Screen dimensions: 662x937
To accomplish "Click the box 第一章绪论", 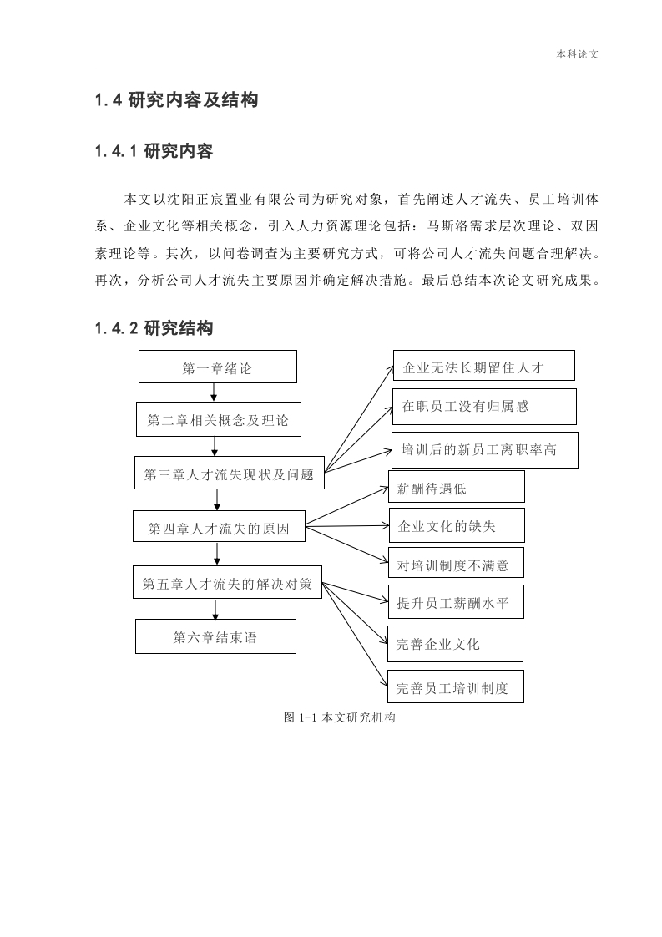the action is click(x=218, y=367).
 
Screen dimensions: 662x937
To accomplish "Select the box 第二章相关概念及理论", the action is click(x=218, y=419).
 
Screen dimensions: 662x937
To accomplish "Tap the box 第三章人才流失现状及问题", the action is click(x=230, y=474).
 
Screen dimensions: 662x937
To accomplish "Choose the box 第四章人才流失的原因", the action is click(x=219, y=526).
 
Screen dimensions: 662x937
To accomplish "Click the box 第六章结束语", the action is click(x=215, y=636).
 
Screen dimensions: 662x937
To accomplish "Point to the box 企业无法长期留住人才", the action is click(x=484, y=366).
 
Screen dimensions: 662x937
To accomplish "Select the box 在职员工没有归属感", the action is click(x=484, y=407).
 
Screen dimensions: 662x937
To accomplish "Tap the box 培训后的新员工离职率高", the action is click(x=484, y=450).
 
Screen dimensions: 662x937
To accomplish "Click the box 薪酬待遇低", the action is click(x=457, y=486).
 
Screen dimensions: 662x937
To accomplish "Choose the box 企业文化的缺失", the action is click(x=457, y=525).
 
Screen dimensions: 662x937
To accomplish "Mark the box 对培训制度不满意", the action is click(x=456, y=562).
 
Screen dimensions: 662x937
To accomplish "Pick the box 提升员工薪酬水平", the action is click(x=456, y=602).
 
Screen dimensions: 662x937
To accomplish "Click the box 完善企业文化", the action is click(x=455, y=644).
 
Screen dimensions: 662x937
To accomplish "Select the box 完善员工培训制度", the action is click(x=456, y=686).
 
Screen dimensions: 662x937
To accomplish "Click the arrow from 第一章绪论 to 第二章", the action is click(x=214, y=393).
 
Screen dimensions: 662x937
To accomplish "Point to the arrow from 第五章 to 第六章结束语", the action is click(x=215, y=609).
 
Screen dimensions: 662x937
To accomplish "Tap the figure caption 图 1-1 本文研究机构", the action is click(x=340, y=717).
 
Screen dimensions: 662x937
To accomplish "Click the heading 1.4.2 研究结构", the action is click(x=154, y=328).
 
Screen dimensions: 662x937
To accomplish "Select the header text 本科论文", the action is click(x=577, y=53).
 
